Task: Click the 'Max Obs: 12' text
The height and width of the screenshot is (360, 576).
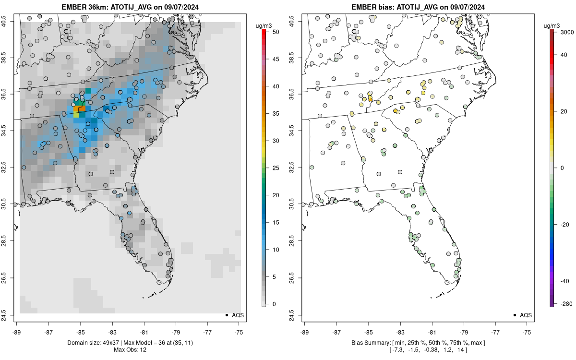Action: pyautogui.click(x=130, y=350)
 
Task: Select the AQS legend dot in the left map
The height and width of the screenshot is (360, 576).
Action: pyautogui.click(x=226, y=315)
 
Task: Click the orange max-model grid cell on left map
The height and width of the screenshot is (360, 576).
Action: pyautogui.click(x=82, y=109)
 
